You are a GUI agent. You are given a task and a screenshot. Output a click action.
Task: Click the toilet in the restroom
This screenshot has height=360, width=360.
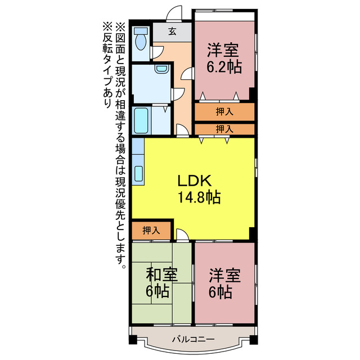pos(141,39)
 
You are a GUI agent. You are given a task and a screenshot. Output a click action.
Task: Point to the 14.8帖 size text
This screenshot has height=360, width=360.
pos(198,197)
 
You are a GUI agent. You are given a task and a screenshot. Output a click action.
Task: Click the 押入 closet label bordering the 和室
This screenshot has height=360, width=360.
pos(150,230)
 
